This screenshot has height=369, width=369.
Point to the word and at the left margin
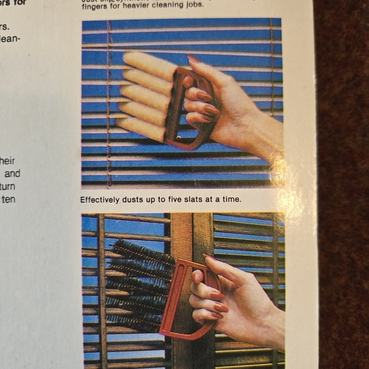click(x=12, y=173)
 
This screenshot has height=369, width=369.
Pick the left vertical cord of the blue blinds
click(x=109, y=102)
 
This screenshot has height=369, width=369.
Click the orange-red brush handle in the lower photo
click(x=175, y=299)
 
